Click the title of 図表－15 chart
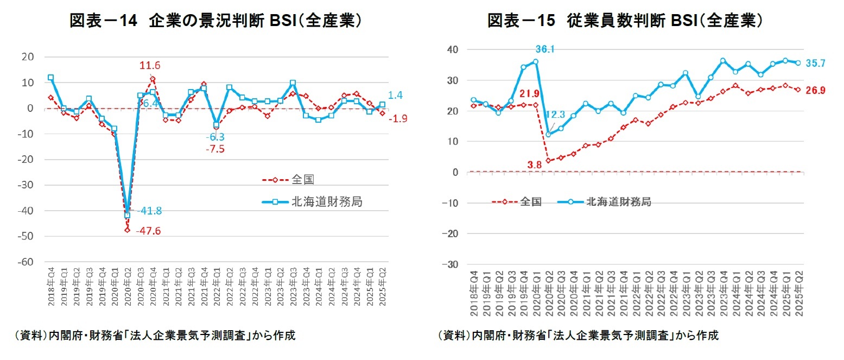click(x=626, y=21)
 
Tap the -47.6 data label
click(x=148, y=231)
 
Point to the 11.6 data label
click(x=149, y=66)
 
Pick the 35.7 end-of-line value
click(x=815, y=64)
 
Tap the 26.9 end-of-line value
click(x=815, y=90)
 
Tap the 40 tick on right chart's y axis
click(x=453, y=50)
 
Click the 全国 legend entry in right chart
click(x=530, y=201)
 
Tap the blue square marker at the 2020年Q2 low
click(x=128, y=216)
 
